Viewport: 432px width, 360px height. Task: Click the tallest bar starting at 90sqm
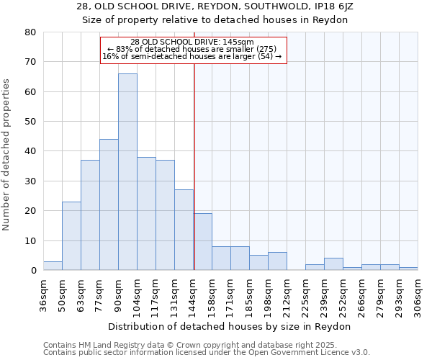point(127,172)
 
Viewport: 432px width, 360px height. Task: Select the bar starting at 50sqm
point(71,236)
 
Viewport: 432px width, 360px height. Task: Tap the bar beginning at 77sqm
point(109,205)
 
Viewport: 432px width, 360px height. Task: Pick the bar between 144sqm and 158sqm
point(202,242)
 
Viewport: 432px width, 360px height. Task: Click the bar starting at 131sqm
point(184,230)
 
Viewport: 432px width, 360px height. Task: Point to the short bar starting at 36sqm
point(53,266)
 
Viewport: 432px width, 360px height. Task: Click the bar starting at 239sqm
point(333,264)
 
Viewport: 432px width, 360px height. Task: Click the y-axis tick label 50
point(30,122)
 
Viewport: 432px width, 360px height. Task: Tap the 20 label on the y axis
point(30,211)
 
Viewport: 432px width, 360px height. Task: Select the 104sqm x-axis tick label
point(138,295)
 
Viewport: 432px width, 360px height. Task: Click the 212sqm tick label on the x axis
point(287,295)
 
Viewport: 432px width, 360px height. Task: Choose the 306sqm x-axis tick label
point(418,295)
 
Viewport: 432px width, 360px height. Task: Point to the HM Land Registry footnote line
point(205,345)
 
